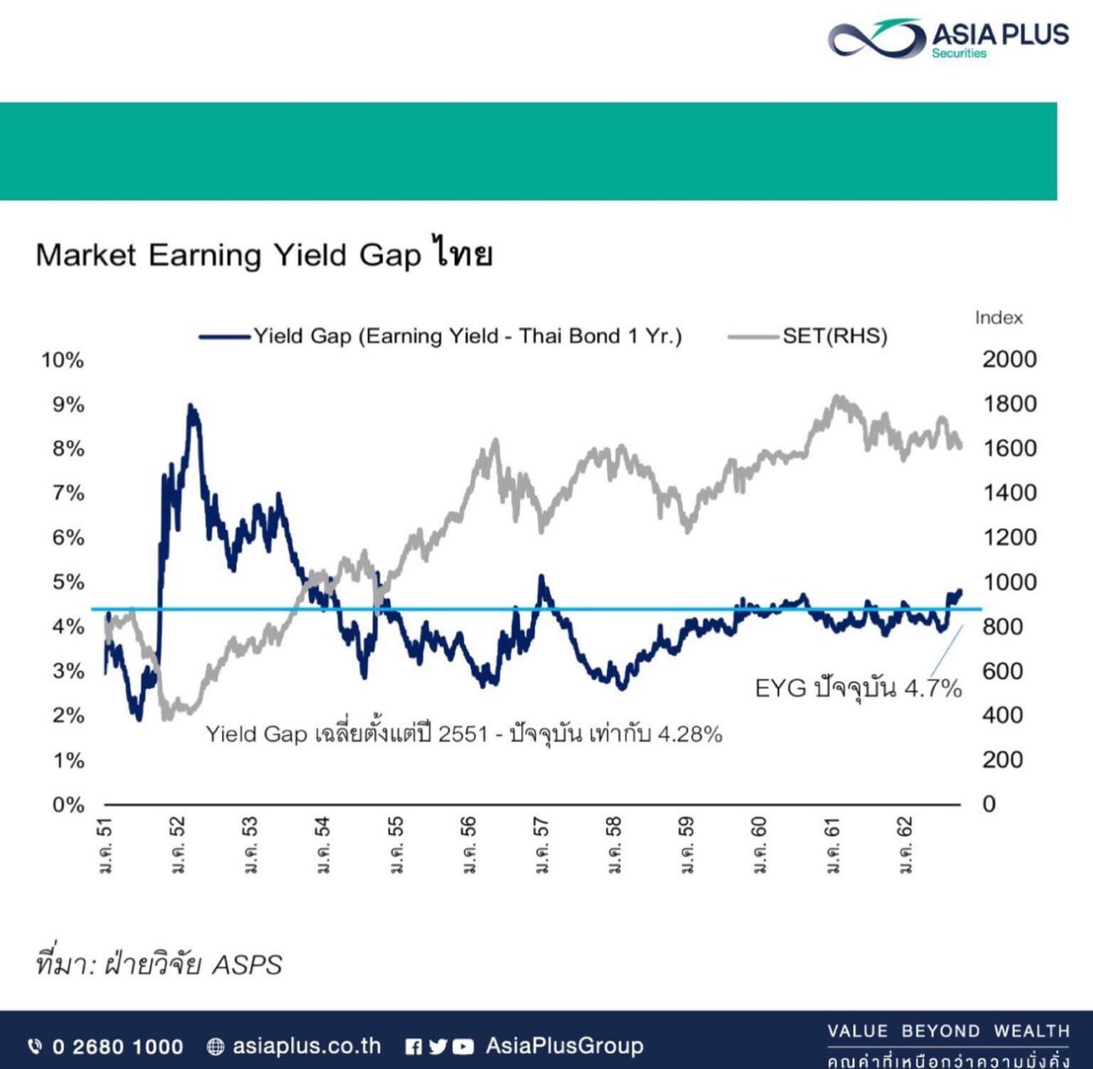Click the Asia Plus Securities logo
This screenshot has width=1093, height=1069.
pyautogui.click(x=948, y=38)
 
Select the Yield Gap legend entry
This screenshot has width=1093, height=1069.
pyautogui.click(x=441, y=336)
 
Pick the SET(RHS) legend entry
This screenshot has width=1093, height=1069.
pyautogui.click(x=808, y=336)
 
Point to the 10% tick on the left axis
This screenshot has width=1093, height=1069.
pyautogui.click(x=62, y=359)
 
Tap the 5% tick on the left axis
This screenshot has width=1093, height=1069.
pyautogui.click(x=68, y=582)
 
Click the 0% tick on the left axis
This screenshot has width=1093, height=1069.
pyautogui.click(x=68, y=804)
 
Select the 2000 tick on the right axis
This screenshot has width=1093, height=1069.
pyautogui.click(x=1009, y=359)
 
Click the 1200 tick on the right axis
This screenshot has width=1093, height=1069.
pyautogui.click(x=1009, y=538)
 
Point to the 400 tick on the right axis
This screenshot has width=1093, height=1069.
pyautogui.click(x=1002, y=716)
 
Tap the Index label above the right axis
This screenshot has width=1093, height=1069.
pyautogui.click(x=998, y=318)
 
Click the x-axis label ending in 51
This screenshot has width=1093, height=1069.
pyautogui.click(x=106, y=845)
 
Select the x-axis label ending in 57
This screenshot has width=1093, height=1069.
pyautogui.click(x=541, y=845)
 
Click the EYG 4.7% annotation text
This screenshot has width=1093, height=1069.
pyautogui.click(x=858, y=689)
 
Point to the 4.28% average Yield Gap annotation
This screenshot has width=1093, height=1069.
pyautogui.click(x=464, y=734)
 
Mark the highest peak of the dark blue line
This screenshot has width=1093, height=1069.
pyautogui.click(x=190, y=405)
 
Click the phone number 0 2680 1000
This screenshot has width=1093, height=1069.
pyautogui.click(x=117, y=1046)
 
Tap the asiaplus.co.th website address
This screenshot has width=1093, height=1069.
pyautogui.click(x=307, y=1046)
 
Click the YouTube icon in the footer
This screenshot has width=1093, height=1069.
pyautogui.click(x=462, y=1047)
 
